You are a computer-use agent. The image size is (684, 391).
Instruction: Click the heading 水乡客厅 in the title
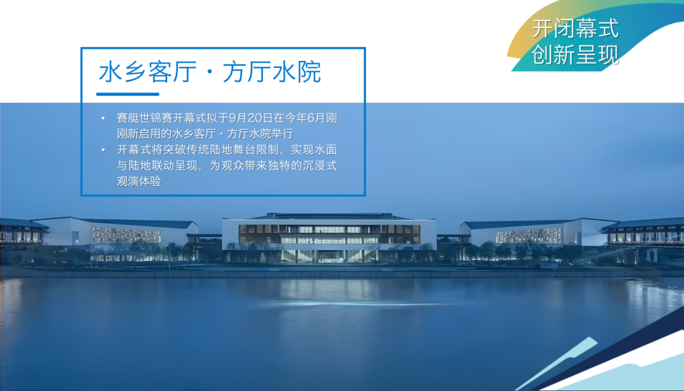tap(148, 72)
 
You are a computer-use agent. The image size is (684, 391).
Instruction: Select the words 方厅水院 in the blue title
tap(272, 72)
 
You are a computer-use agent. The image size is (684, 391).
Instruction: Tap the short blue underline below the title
tap(128, 94)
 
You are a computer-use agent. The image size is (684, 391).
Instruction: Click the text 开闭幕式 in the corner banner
tap(575, 29)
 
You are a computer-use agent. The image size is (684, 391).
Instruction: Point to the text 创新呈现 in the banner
tap(575, 54)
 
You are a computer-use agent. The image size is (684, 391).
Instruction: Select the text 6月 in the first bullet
tap(316, 118)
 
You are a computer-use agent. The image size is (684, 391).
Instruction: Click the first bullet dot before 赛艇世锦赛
tap(103, 119)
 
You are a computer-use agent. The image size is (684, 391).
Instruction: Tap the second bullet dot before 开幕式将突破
tap(103, 150)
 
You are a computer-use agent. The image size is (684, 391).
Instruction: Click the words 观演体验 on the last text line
tap(139, 181)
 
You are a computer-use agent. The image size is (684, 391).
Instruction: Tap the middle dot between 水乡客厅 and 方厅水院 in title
tap(210, 72)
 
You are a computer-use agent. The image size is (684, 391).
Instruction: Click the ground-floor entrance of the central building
tap(329, 256)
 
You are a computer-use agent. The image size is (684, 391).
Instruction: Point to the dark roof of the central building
tap(330, 217)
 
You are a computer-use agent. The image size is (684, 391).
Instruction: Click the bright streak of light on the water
tap(349, 303)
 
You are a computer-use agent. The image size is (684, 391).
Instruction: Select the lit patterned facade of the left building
tap(127, 235)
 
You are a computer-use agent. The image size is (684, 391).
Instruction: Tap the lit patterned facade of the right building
tap(528, 236)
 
